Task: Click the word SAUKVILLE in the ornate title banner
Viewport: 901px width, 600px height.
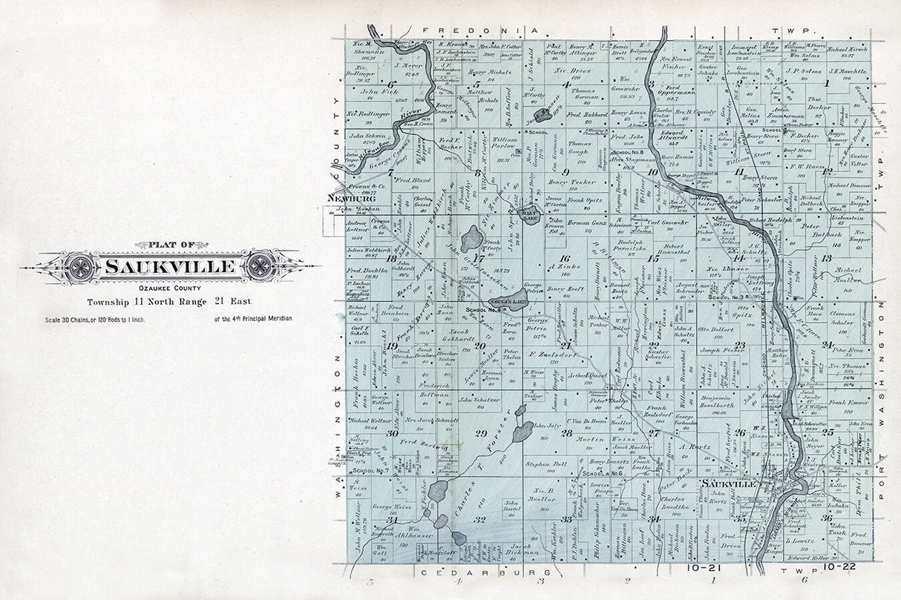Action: click(x=170, y=266)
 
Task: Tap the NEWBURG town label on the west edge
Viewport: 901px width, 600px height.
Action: click(x=350, y=199)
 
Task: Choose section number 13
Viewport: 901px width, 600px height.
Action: click(x=826, y=258)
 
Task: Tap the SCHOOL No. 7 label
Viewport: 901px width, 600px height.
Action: click(x=372, y=470)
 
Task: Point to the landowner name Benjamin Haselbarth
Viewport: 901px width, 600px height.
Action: click(x=721, y=401)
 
